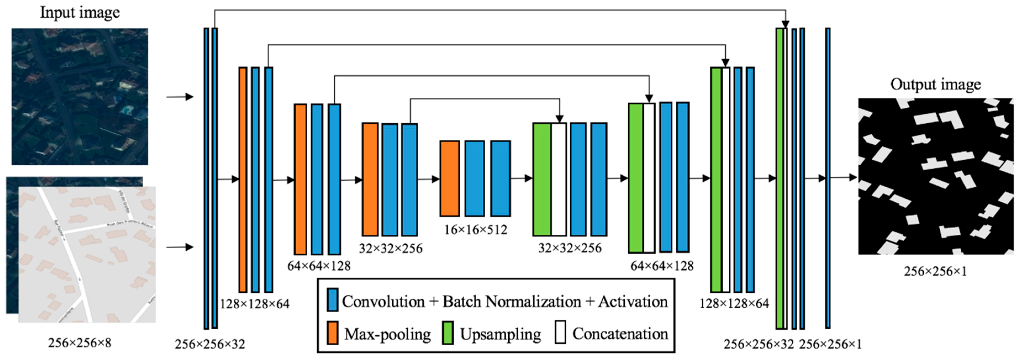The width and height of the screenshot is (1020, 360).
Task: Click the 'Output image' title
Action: pos(935,84)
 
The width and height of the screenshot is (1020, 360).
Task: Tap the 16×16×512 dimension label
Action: pos(475,230)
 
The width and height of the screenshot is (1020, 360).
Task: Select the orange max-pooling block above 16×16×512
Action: pos(450,178)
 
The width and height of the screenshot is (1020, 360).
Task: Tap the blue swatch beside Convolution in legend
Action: pos(333,300)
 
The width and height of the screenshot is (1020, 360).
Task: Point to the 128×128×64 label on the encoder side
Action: pos(255,304)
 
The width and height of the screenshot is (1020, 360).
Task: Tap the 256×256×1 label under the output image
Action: pos(935,271)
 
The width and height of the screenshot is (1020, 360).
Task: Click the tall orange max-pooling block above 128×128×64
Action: pos(243,179)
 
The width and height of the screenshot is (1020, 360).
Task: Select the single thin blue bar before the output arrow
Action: pos(828,178)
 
